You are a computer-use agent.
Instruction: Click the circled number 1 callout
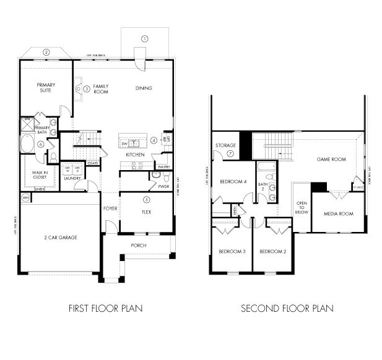[x=145, y=38]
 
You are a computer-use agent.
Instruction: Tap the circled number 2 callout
[x=46, y=53]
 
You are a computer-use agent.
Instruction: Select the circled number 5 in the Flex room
[x=146, y=200]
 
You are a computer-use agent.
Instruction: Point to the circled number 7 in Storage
[x=230, y=153]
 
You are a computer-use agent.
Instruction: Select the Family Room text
[x=101, y=88]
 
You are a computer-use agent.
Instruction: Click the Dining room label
[x=144, y=88]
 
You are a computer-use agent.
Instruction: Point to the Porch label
[x=139, y=245]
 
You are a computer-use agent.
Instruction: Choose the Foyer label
[x=110, y=208]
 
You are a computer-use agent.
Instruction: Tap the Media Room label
[x=338, y=214]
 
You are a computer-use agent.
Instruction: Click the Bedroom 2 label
[x=272, y=251]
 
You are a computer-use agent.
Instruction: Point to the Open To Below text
[x=302, y=207]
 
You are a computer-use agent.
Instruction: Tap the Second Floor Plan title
[x=287, y=307]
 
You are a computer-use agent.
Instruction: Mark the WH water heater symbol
[x=26, y=197]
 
